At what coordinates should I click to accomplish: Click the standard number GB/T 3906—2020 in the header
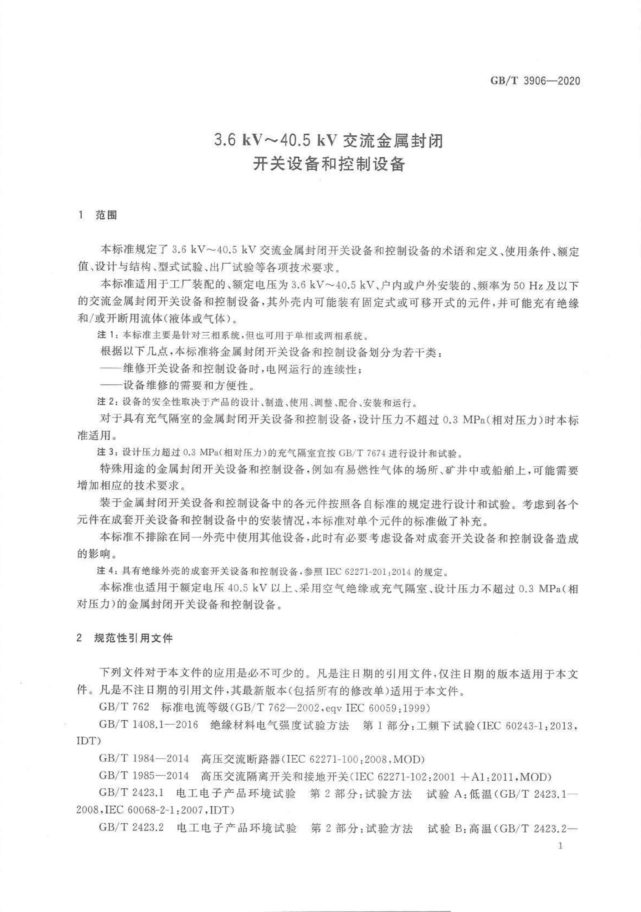tap(535, 81)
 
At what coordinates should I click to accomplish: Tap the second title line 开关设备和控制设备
tap(328, 164)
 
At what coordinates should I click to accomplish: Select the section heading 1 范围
tap(98, 215)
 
